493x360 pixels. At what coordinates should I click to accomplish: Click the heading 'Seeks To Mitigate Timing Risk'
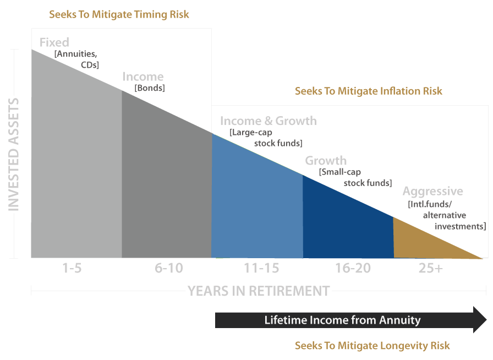coord(119,14)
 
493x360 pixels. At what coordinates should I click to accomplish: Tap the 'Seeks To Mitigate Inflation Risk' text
coord(368,91)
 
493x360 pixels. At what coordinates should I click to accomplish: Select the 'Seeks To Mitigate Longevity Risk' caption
coord(372,346)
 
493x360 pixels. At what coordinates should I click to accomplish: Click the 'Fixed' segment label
coord(54,42)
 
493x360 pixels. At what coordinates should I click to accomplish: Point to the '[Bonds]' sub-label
coord(149,88)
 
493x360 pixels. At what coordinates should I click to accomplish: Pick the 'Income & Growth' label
coord(268,121)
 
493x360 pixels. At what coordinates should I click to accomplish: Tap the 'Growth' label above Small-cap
coord(326,161)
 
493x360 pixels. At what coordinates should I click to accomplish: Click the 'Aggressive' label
coord(432,192)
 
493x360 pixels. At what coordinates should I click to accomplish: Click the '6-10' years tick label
coord(169,269)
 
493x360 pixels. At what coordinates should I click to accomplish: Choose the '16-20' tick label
coord(353,269)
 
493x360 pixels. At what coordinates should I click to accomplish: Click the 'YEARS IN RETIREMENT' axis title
coord(259,291)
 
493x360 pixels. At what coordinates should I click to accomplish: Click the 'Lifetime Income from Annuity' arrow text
coord(342,320)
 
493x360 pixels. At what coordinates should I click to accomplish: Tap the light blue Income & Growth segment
coord(256,209)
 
